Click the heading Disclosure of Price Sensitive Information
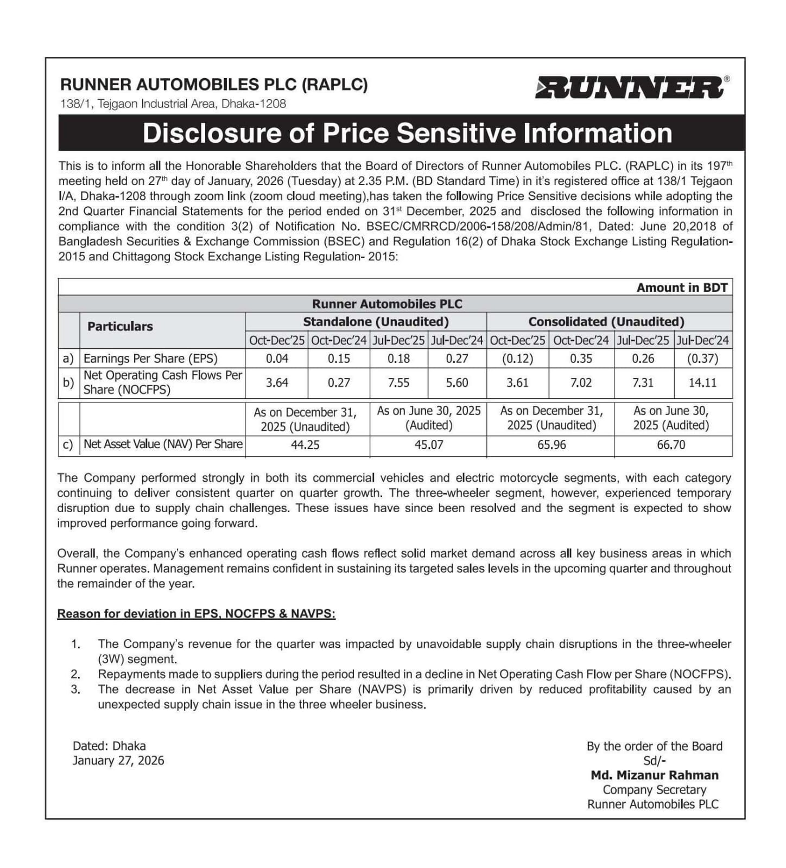pyautogui.click(x=407, y=133)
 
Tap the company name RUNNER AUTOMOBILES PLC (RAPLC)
pyautogui.click(x=214, y=85)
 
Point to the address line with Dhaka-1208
pyautogui.click(x=173, y=104)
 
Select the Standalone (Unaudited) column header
pyautogui.click(x=376, y=322)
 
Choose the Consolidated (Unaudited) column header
pyautogui.click(x=606, y=322)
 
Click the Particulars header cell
pyautogui.click(x=120, y=327)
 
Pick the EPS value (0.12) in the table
pyautogui.click(x=517, y=359)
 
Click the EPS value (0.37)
pyautogui.click(x=702, y=359)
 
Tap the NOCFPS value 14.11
pyautogui.click(x=702, y=383)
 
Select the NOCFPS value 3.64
pyautogui.click(x=277, y=383)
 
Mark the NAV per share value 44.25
pyautogui.click(x=305, y=445)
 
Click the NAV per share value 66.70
pyautogui.click(x=671, y=445)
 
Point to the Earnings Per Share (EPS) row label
pyautogui.click(x=150, y=359)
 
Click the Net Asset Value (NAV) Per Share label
pyautogui.click(x=163, y=444)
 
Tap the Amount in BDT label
pyautogui.click(x=682, y=288)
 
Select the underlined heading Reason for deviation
pyautogui.click(x=196, y=614)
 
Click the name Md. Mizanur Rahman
pyautogui.click(x=654, y=775)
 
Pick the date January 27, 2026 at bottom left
pyautogui.click(x=118, y=761)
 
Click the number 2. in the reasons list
pyautogui.click(x=75, y=674)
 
